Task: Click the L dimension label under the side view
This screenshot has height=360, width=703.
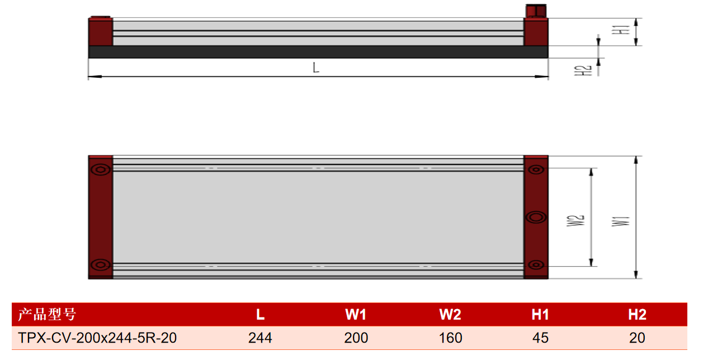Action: [316, 68]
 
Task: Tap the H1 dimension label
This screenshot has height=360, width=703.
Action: [621, 30]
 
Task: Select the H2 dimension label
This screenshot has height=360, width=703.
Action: [583, 70]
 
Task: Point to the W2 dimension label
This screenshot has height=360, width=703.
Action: [575, 221]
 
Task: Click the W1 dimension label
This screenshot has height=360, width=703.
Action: [621, 221]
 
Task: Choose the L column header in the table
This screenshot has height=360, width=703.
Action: [260, 315]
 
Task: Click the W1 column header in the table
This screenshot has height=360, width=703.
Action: [356, 315]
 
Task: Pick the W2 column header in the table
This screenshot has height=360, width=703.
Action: [450, 315]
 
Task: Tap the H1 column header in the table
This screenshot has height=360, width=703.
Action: [540, 315]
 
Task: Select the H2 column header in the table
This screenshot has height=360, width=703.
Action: [637, 315]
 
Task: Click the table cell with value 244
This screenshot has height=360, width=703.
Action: [260, 338]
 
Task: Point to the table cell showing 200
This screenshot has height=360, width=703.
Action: [356, 338]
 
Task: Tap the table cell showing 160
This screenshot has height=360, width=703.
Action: [450, 338]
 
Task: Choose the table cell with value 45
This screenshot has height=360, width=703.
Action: [540, 338]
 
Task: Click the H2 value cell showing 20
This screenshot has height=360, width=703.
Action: [637, 338]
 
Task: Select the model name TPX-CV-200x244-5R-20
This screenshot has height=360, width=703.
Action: [97, 338]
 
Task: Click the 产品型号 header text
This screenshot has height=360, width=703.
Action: [47, 314]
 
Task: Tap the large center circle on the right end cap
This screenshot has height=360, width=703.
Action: [536, 217]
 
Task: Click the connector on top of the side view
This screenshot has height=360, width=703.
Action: [536, 11]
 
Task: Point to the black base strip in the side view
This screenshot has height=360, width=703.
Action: [318, 52]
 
